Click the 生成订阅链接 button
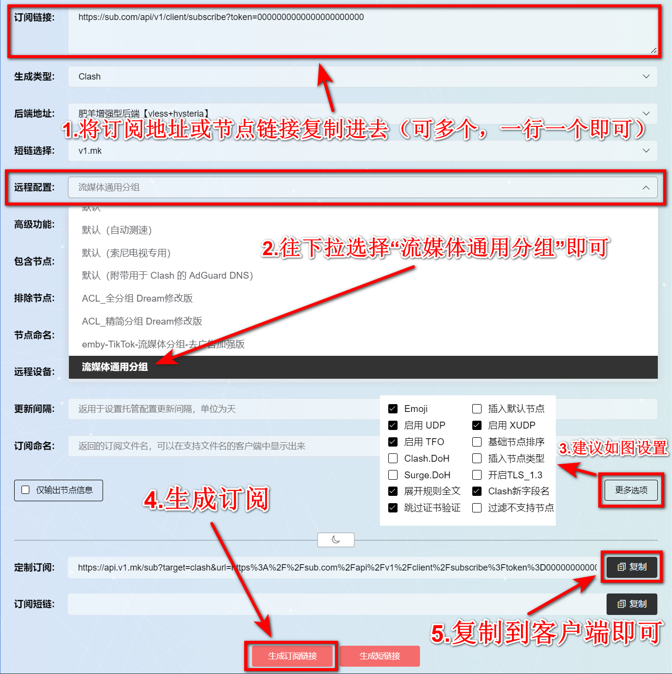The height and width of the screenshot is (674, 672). click(x=292, y=656)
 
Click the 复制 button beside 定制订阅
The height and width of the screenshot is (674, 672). click(x=631, y=567)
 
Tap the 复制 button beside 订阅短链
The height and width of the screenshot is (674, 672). click(x=631, y=604)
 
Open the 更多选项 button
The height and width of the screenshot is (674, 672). click(x=631, y=490)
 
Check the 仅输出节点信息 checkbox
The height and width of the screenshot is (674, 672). click(x=26, y=490)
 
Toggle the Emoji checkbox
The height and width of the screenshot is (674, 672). click(x=393, y=409)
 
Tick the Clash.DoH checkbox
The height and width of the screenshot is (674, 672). click(x=393, y=458)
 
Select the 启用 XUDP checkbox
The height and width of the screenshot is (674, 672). click(x=477, y=426)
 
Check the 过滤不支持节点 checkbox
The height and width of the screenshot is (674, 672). click(x=477, y=508)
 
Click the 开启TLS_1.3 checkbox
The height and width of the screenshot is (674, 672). click(x=477, y=475)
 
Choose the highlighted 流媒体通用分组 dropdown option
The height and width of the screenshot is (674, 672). click(x=115, y=367)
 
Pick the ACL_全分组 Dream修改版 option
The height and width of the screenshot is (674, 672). click(x=137, y=298)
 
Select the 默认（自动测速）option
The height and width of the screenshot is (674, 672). click(x=117, y=230)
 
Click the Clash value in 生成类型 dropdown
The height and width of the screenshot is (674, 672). click(x=90, y=77)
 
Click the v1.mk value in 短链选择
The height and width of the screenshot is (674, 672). click(x=90, y=151)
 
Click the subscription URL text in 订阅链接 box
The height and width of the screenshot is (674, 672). click(x=221, y=17)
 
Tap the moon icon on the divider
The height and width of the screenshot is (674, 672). click(x=336, y=540)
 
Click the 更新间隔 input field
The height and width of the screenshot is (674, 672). click(x=220, y=409)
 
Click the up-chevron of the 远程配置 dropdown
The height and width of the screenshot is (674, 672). click(x=646, y=187)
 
